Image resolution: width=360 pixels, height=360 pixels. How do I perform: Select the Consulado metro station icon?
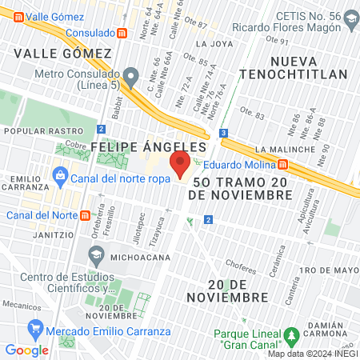pos(121,34)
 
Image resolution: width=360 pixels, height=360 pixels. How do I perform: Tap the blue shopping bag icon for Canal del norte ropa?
pos(59,175)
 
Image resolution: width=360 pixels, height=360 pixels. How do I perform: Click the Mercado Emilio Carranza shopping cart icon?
pos(35,328)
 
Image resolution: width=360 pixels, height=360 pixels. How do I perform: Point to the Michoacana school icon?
pos(97,255)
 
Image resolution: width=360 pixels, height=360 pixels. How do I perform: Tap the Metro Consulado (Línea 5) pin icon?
pos(134,77)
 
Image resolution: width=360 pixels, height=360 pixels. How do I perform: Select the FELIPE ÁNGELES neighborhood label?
pos(149,147)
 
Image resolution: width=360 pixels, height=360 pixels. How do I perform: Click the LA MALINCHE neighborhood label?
pos(286,150)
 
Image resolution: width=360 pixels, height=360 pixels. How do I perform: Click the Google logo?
pos(26,350)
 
